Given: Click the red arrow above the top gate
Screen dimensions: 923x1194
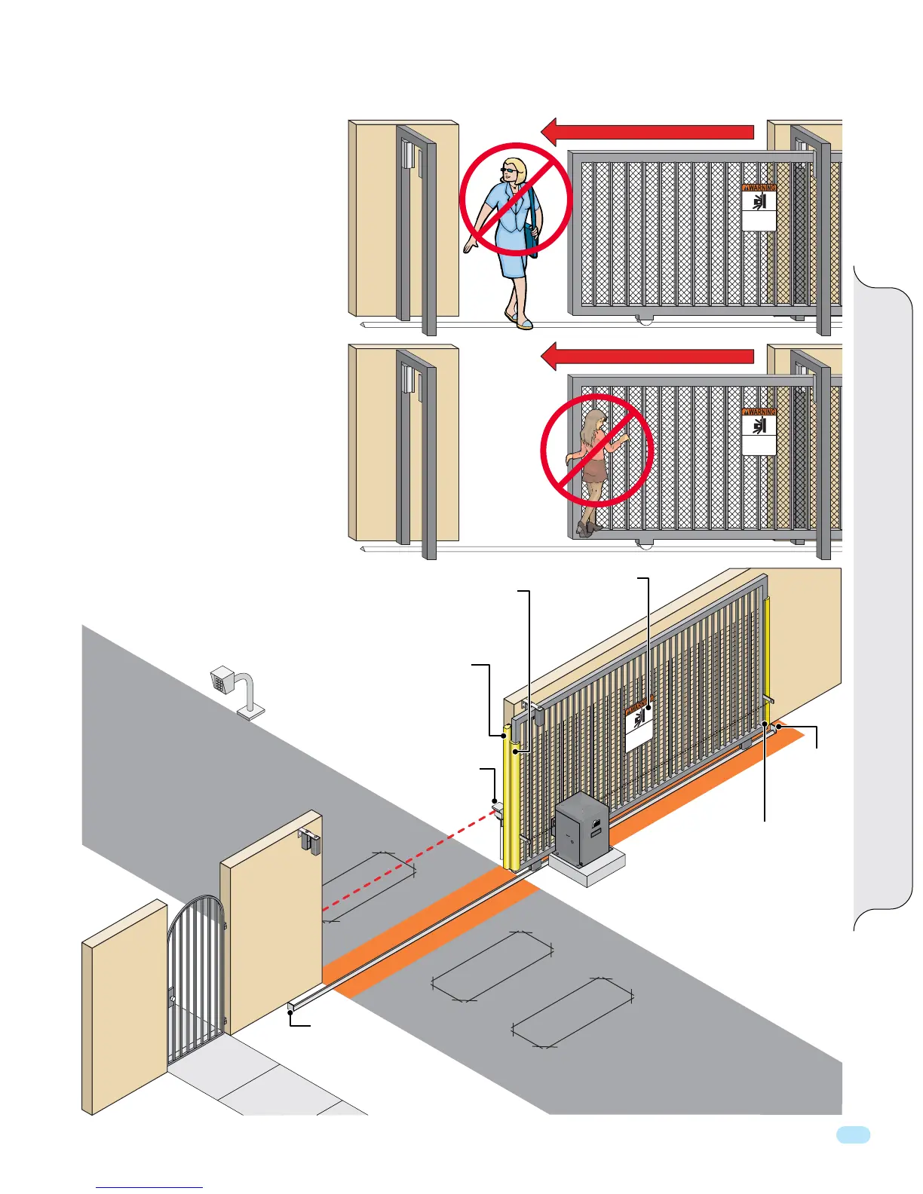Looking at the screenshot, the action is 649,132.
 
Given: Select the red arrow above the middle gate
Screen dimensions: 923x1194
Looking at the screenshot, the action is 649,356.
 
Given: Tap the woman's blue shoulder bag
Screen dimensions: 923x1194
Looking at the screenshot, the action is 534,226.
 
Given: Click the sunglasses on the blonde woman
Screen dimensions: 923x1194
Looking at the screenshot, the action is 511,172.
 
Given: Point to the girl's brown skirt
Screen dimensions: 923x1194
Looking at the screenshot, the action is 596,470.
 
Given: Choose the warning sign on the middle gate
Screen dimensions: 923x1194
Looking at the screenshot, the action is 759,431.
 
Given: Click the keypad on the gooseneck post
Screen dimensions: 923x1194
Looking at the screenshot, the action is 222,680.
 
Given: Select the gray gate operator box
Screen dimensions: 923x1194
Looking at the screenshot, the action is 581,826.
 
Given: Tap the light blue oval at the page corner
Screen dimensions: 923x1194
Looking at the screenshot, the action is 853,1135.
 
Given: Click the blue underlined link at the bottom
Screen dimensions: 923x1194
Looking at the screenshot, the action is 149,1187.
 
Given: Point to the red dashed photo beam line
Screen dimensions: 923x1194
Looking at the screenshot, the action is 407,859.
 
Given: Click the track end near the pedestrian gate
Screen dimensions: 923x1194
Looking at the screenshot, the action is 291,1007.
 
